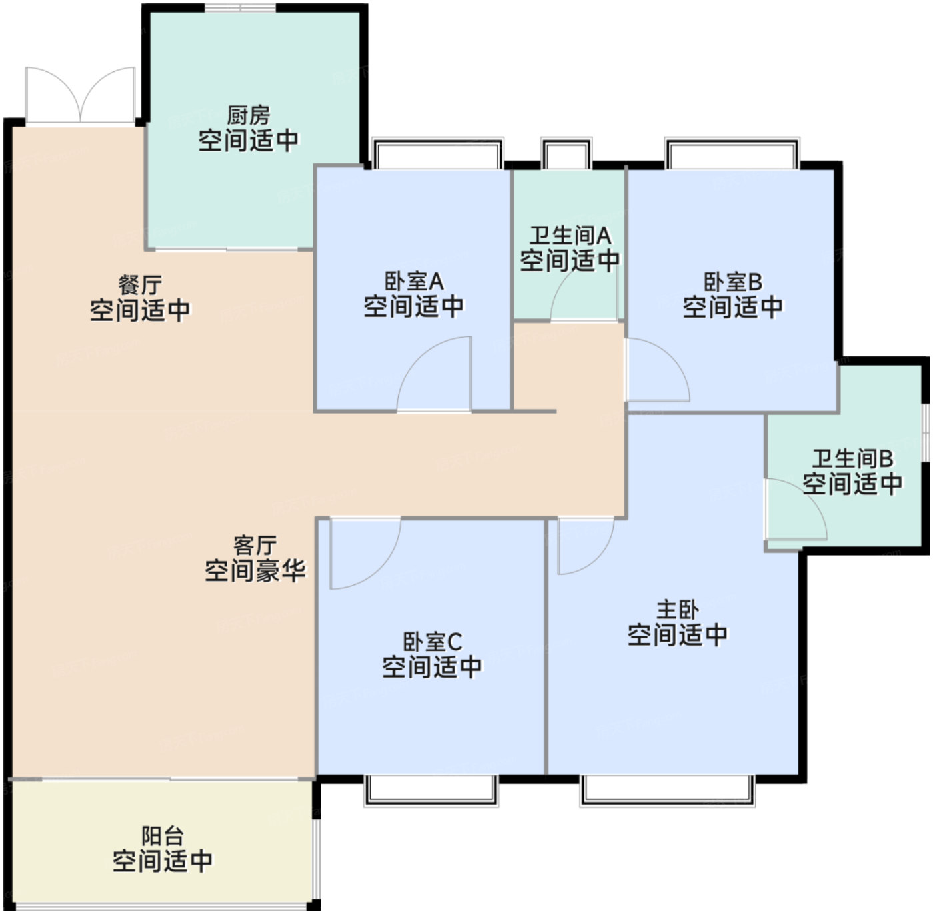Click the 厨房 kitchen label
(249, 116)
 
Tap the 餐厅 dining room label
(141, 285)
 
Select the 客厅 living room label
(255, 546)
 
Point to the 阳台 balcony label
(163, 837)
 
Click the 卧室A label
(414, 281)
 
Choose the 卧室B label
(733, 282)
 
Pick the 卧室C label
(433, 642)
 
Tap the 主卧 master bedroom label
(678, 610)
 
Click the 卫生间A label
(570, 236)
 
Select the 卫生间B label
(852, 458)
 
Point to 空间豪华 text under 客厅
(255, 571)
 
